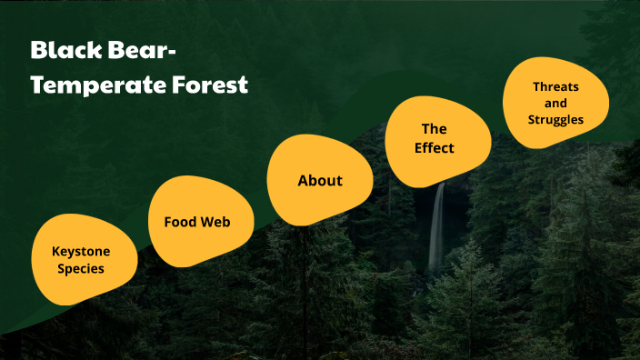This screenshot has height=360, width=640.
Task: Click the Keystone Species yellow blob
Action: click(85, 258)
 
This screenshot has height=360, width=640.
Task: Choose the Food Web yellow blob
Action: click(197, 221)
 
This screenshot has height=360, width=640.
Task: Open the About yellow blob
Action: click(320, 180)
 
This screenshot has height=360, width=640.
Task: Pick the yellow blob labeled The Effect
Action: click(435, 137)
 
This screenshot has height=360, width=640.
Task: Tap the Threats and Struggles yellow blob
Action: click(555, 103)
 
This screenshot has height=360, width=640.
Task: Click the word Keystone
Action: click(82, 250)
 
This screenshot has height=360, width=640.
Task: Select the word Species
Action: click(82, 268)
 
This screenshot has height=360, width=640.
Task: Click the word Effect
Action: click(435, 147)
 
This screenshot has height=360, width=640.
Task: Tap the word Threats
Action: click(555, 86)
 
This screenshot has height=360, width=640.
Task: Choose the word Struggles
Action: click(555, 119)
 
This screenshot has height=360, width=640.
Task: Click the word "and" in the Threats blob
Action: click(555, 103)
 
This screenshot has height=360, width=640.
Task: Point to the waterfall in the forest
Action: click(437, 227)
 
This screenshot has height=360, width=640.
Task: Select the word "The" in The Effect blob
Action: click(434, 128)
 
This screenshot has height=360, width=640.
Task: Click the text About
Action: click(320, 180)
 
